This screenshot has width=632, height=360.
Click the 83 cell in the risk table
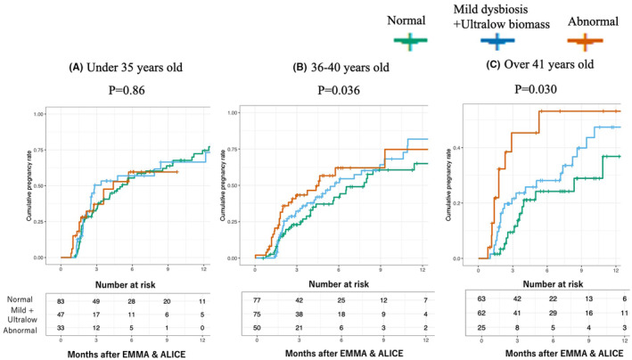pyautogui.click(x=61, y=302)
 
